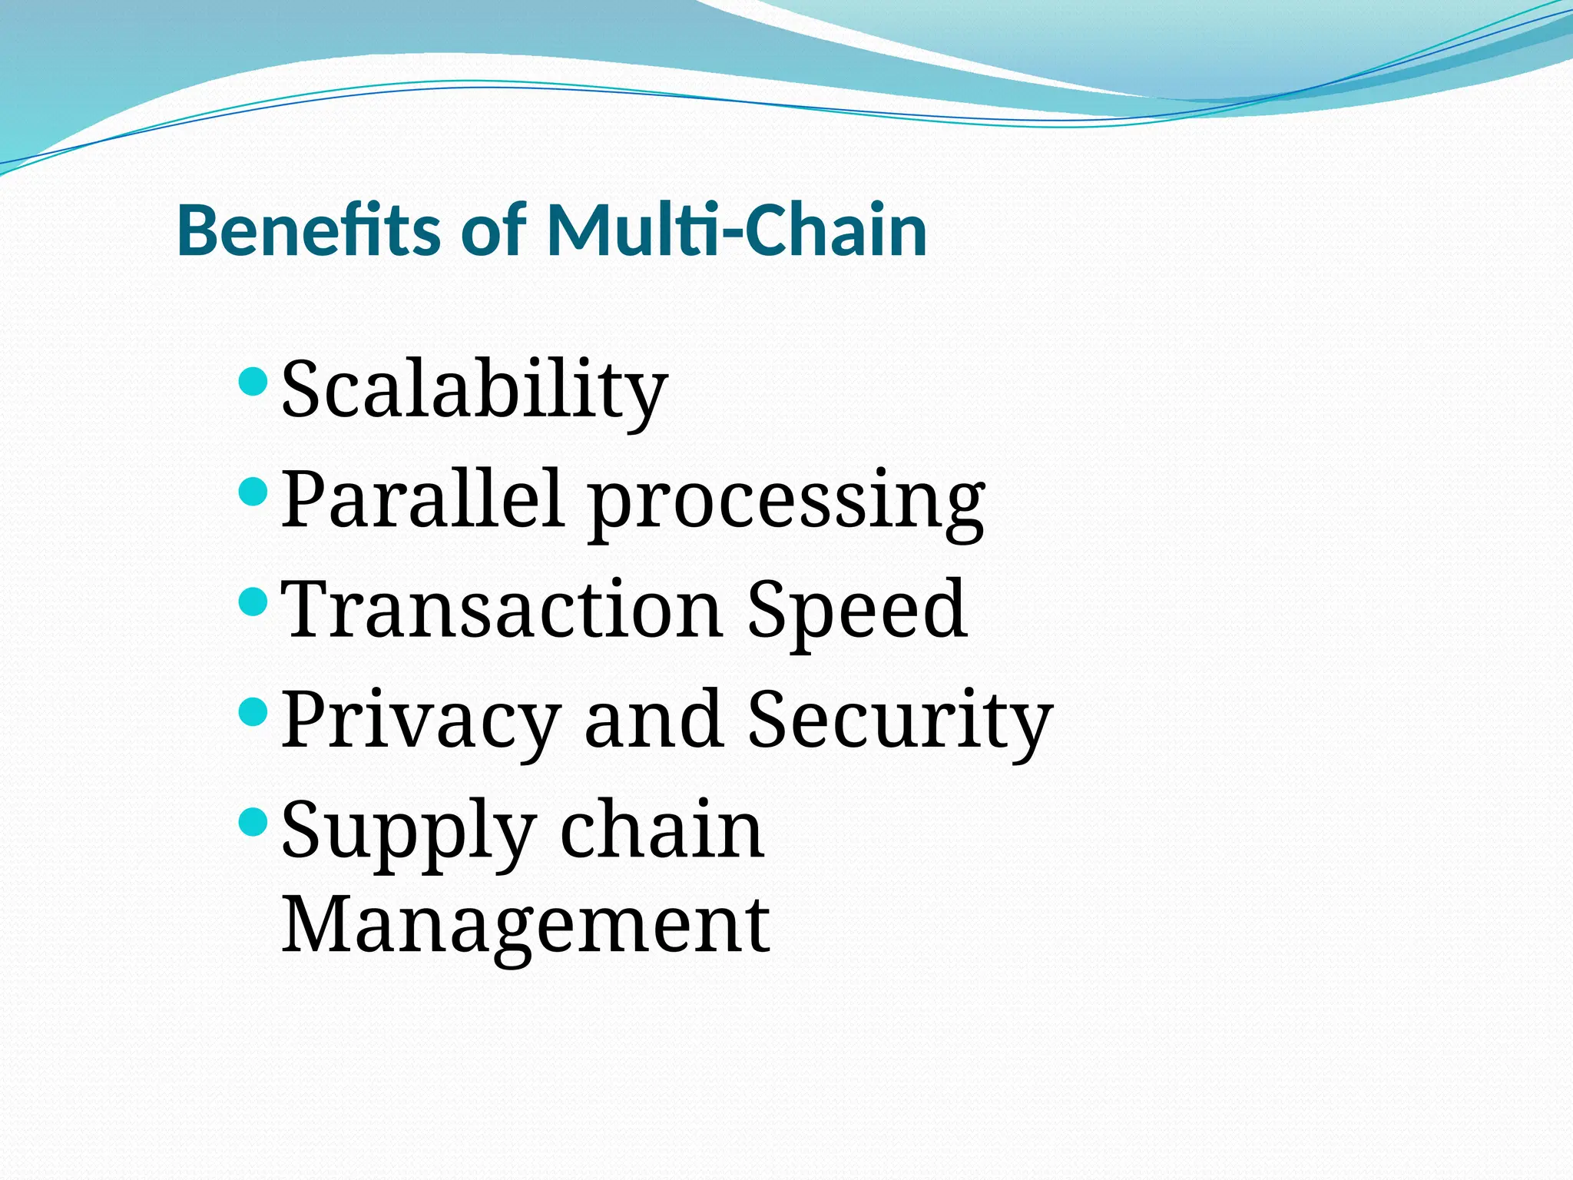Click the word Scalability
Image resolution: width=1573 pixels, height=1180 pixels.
pyautogui.click(x=474, y=390)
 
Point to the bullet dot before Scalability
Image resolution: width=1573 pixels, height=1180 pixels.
pyautogui.click(x=253, y=380)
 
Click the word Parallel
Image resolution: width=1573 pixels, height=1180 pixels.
pyautogui.click(x=420, y=499)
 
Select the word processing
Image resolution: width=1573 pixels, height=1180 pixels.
pyautogui.click(x=786, y=503)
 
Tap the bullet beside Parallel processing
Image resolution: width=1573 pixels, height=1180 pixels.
pyautogui.click(x=253, y=490)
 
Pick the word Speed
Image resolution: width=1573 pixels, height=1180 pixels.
pyautogui.click(x=857, y=611)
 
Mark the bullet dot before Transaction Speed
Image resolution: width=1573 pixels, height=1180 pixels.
pyautogui.click(x=253, y=600)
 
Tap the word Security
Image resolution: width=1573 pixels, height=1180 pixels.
pyautogui.click(x=899, y=722)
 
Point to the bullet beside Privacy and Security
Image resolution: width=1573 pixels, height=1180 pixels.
pyautogui.click(x=253, y=711)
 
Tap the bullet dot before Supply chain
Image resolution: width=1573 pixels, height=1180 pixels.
pyautogui.click(x=253, y=821)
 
